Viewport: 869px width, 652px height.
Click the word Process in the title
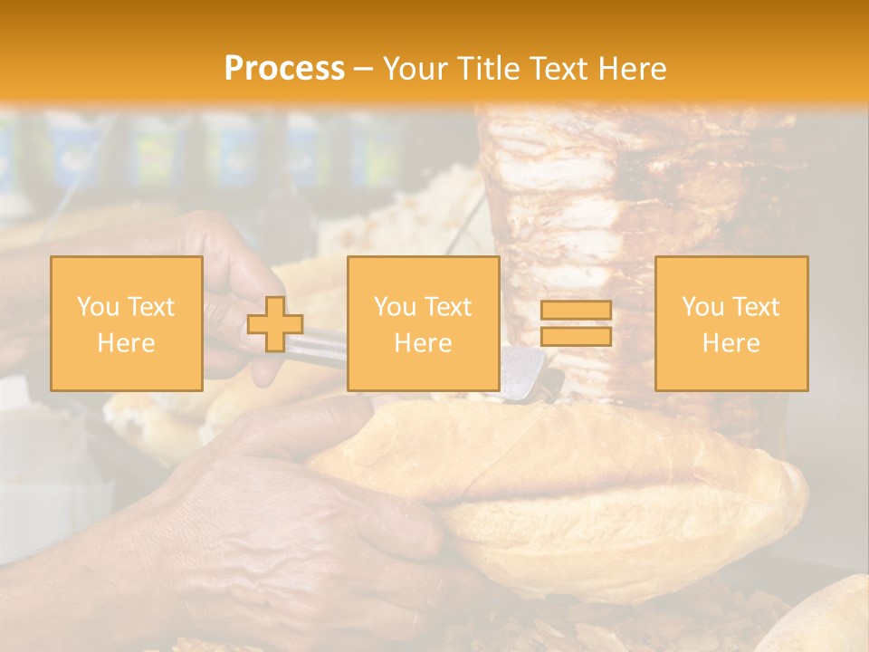point(284,68)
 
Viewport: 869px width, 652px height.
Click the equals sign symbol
point(576,323)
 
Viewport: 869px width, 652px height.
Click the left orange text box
point(126,323)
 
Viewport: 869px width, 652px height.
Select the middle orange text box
point(423,323)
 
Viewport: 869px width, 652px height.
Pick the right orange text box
point(731,323)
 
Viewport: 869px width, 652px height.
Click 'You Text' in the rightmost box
point(731,307)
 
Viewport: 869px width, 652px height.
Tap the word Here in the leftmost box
point(126,343)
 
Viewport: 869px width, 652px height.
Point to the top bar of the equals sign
point(576,311)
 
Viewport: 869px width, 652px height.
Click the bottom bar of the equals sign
point(576,337)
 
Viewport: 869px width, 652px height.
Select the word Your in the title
point(417,68)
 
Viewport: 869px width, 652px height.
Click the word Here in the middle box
point(423,343)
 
